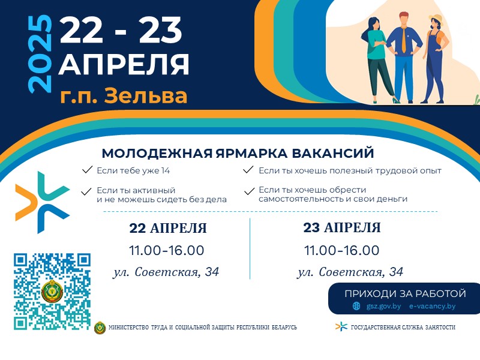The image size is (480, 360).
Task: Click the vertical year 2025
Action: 40,53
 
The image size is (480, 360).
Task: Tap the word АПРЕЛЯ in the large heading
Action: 124,65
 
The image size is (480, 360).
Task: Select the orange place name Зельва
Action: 145,95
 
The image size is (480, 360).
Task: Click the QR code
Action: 52,292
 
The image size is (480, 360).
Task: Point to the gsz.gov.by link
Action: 383,306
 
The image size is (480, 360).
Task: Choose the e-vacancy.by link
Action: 432,306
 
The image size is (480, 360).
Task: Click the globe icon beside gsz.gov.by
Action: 356,306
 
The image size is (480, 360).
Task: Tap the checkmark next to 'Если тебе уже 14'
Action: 87,170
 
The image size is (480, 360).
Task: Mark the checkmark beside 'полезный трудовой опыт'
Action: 248,170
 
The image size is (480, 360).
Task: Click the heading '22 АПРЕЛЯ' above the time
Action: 168,229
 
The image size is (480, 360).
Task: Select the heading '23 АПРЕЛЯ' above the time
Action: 342,228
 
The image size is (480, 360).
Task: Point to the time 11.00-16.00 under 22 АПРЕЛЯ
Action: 167,250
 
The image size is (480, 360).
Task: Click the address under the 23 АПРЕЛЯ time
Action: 350,272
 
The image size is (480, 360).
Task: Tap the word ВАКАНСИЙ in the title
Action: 333,153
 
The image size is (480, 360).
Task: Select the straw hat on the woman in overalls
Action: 436,18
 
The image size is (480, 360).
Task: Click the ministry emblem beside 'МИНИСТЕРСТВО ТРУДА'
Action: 100,327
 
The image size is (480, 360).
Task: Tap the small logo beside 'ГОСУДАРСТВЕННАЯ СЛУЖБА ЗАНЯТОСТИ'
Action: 341,326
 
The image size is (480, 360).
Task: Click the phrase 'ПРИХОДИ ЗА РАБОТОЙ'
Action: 406,293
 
